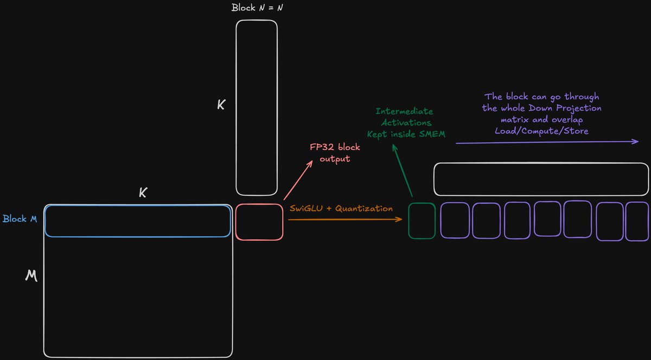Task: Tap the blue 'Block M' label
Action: click(x=20, y=219)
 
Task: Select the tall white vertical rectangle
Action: click(x=257, y=108)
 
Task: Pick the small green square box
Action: click(x=422, y=221)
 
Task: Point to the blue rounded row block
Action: click(x=137, y=221)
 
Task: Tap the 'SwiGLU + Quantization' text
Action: click(x=341, y=208)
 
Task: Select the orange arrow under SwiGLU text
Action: click(x=345, y=219)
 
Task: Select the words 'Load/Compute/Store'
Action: click(x=541, y=131)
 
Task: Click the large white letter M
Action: click(x=31, y=277)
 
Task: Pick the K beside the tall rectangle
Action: click(x=221, y=105)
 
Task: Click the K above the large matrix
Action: click(x=143, y=192)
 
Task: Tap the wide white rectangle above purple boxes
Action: click(x=541, y=179)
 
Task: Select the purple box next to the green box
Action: click(x=454, y=220)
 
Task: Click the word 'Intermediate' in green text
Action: click(x=404, y=112)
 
